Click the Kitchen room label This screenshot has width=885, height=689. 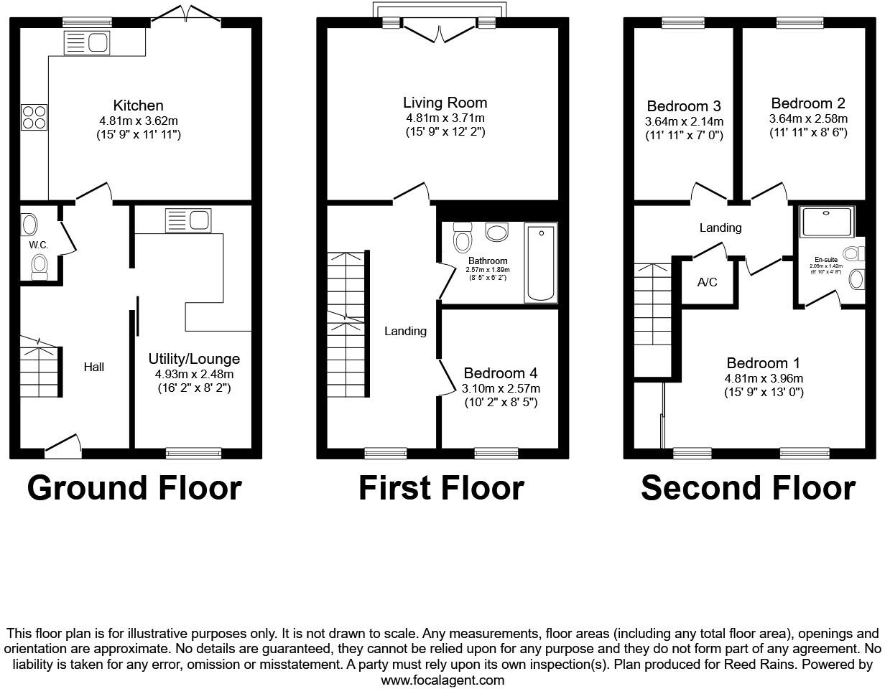tap(138, 106)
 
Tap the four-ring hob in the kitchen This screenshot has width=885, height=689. tap(34, 117)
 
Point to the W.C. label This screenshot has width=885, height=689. tap(39, 245)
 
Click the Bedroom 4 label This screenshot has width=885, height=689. tap(501, 373)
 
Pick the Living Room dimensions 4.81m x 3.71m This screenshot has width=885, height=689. tap(445, 118)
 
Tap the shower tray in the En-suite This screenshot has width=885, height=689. tap(828, 222)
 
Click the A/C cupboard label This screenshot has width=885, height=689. tap(708, 282)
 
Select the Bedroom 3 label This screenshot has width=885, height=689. tap(684, 106)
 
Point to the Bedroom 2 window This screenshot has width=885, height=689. tap(801, 23)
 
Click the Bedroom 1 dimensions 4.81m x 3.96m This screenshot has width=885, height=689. tap(763, 378)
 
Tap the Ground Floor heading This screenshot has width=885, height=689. tap(134, 488)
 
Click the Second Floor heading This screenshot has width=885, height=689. tap(748, 488)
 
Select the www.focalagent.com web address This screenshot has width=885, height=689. tap(443, 680)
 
